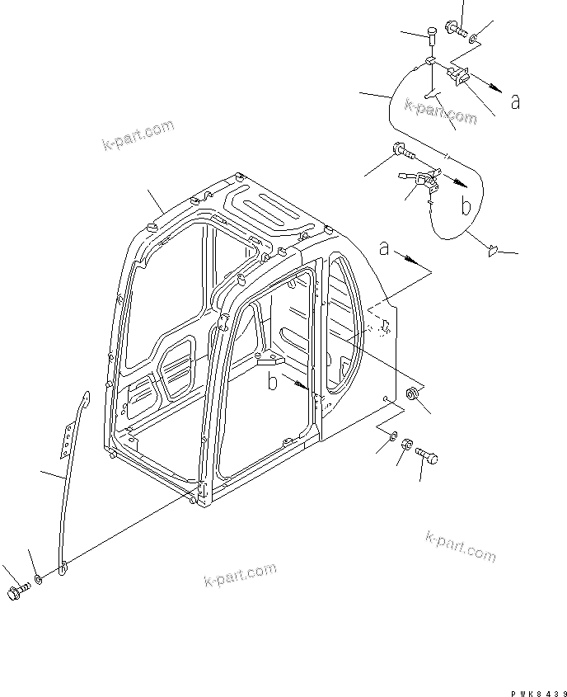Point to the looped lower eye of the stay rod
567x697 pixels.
pyautogui.click(x=63, y=567)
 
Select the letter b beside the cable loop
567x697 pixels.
pyautogui.click(x=466, y=207)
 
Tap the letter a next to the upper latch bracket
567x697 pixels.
pyautogui.click(x=515, y=101)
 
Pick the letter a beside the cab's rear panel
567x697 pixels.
pyautogui.click(x=384, y=247)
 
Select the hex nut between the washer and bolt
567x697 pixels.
pyautogui.click(x=407, y=446)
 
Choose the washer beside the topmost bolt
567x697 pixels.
pyautogui.click(x=474, y=38)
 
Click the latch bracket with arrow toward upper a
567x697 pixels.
pyautogui.click(x=457, y=75)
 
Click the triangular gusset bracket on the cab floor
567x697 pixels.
pyautogui.click(x=269, y=360)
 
